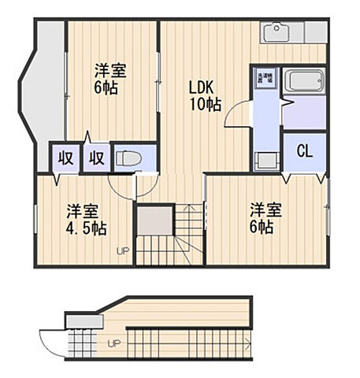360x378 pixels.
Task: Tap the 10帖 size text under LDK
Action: (203, 104)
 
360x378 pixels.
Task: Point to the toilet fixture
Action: (128, 158)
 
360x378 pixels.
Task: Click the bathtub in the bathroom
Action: (304, 82)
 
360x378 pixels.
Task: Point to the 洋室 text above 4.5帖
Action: (82, 211)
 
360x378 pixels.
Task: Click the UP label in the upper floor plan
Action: (123, 251)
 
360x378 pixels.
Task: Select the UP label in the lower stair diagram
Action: (114, 344)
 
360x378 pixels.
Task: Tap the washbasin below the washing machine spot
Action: (266, 157)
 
